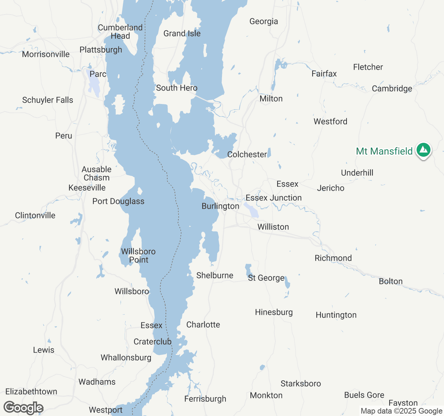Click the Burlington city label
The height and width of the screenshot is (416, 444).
point(220,206)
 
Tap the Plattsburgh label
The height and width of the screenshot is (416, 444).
point(101,50)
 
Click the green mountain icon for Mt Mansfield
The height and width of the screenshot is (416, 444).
point(423,150)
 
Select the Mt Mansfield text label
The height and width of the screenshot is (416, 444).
point(384,151)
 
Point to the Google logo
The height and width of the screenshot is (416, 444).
point(24,408)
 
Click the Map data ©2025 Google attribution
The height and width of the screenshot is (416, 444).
point(401,411)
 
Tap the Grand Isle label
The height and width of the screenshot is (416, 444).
point(182,34)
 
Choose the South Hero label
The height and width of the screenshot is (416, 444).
point(177,88)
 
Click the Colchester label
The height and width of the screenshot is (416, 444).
point(247,155)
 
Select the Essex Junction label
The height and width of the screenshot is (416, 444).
point(274,198)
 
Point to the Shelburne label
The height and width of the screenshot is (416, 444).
point(215,276)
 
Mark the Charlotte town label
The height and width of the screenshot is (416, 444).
point(203,325)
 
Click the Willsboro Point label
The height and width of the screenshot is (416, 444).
point(138,256)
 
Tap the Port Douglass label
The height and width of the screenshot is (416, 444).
point(118,201)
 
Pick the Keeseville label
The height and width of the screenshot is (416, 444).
point(87,188)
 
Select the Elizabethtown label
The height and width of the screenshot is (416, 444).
point(31,392)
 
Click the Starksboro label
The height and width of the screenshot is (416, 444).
point(301,384)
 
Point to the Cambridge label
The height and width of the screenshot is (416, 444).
point(392,89)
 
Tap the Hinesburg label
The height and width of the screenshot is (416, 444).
point(274,312)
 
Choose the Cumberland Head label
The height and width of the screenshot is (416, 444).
point(120,32)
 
